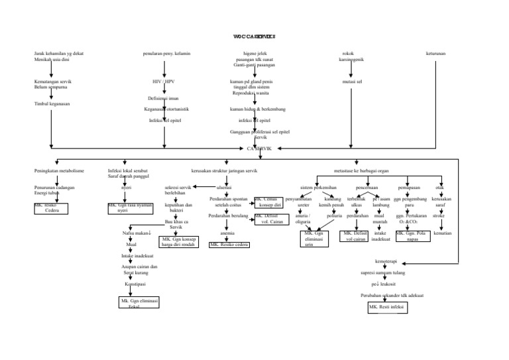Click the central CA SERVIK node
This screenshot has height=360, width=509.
click(x=260, y=149)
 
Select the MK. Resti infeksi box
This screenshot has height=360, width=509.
click(x=388, y=308)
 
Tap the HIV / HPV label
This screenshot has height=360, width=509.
click(x=163, y=82)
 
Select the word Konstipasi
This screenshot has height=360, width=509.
click(x=135, y=283)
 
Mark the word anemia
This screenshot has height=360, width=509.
click(x=227, y=233)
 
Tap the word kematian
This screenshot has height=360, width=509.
click(x=442, y=233)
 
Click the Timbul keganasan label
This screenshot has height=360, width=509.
click(x=51, y=104)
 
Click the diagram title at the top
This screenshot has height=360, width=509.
click(x=254, y=36)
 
